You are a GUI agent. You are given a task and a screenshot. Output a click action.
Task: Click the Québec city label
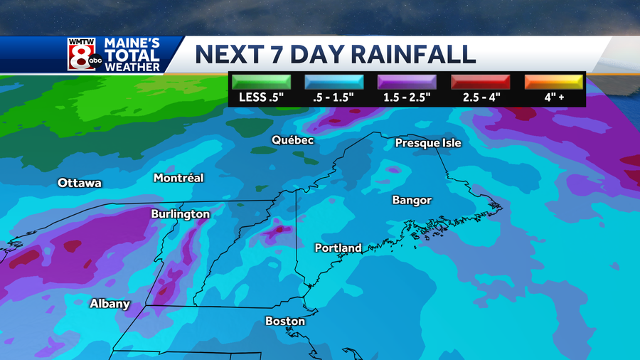[292, 140]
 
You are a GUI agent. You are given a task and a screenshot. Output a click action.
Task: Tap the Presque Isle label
[428, 143]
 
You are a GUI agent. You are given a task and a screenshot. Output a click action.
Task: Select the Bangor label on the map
[412, 200]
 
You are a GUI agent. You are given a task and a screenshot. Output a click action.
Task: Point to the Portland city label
[338, 248]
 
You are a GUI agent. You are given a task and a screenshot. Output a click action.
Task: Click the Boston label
[285, 321]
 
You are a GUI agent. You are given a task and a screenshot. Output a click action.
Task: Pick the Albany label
[110, 304]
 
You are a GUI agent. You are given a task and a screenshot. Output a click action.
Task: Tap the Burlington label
[180, 213]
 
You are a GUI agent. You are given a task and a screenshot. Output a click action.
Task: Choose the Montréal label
[178, 178]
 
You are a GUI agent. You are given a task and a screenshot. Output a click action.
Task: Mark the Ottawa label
[80, 183]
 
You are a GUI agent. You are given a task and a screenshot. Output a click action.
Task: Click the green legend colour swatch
[260, 82]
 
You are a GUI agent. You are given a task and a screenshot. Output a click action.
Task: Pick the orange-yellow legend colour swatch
[554, 82]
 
